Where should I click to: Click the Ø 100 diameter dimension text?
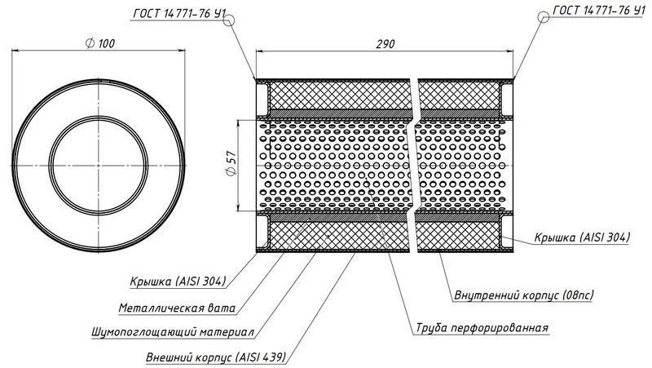click(100, 43)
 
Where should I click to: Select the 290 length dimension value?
click(385, 44)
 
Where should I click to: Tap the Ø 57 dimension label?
click(231, 163)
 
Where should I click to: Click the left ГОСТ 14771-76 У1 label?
click(179, 14)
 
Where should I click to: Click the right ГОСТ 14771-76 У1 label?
click(599, 11)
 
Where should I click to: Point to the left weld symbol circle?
click(229, 20)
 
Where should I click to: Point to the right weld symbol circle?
click(543, 17)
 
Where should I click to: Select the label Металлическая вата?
click(177, 308)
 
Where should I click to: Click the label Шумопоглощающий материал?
click(173, 332)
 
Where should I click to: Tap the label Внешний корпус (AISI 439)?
click(216, 357)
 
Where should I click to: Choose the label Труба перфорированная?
click(482, 328)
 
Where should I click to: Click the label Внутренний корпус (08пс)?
click(524, 295)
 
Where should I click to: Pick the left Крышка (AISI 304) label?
click(178, 281)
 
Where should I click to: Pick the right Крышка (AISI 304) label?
click(582, 237)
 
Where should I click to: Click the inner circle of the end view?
click(99, 166)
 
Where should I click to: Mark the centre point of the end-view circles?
click(99, 166)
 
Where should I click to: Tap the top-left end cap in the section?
click(262, 100)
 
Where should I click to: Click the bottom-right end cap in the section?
click(506, 232)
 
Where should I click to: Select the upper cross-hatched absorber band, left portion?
click(340, 95)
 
